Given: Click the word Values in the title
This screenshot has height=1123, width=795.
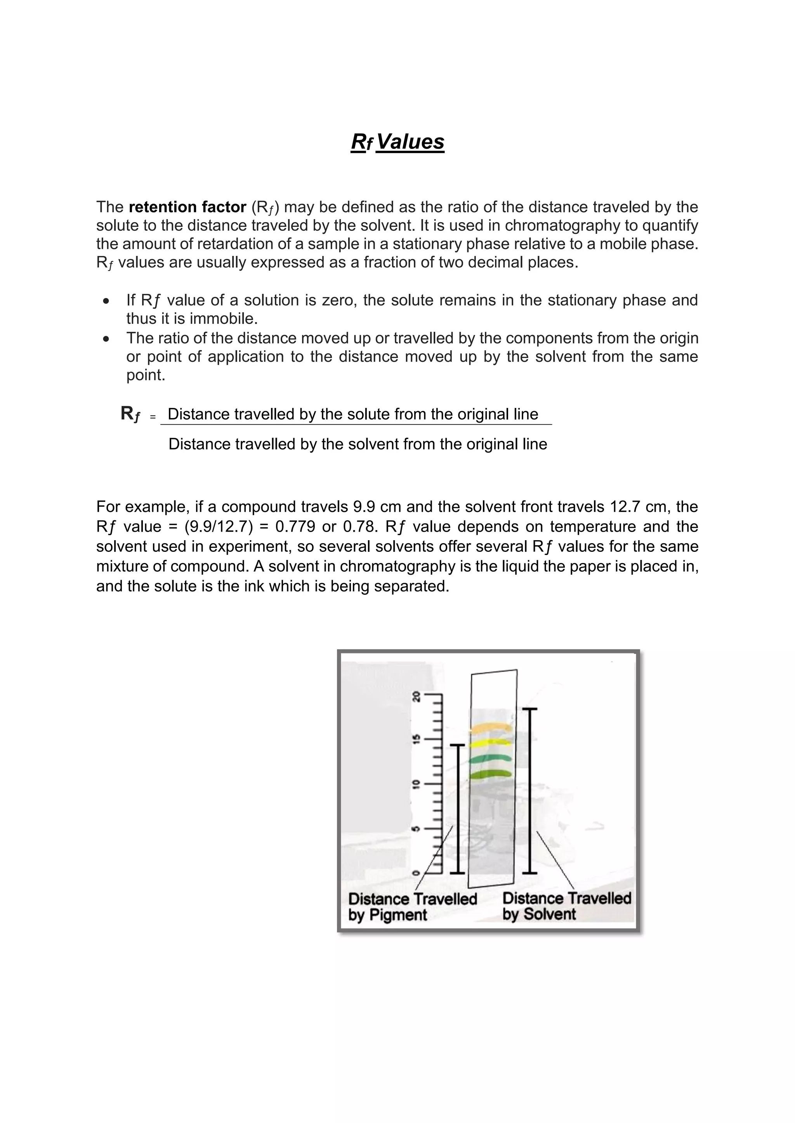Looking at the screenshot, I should click(x=410, y=142).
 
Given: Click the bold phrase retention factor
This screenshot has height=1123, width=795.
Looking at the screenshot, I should click(x=187, y=207).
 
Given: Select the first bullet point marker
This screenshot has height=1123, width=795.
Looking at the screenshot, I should click(x=106, y=301).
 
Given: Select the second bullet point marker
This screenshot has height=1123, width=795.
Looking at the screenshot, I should click(x=106, y=339).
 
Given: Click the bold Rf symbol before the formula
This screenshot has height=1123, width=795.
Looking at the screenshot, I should click(x=130, y=414).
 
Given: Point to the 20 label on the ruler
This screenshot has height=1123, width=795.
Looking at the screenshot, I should click(x=416, y=696).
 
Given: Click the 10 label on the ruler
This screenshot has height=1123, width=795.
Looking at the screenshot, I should click(x=416, y=784).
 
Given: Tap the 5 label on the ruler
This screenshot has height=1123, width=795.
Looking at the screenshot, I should click(x=416, y=829).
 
